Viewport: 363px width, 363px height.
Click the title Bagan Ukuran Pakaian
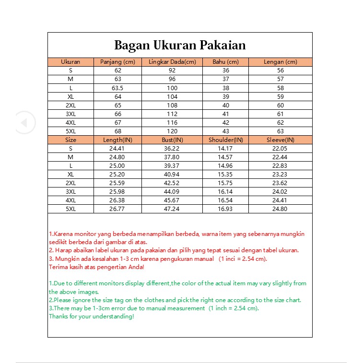(x=180, y=45)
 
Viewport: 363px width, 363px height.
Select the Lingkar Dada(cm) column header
(x=172, y=62)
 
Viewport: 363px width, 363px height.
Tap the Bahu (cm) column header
(x=226, y=62)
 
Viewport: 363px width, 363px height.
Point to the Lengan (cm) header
(x=280, y=62)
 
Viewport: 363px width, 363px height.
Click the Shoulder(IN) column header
(x=226, y=140)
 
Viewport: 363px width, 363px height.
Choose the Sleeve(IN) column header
(x=280, y=140)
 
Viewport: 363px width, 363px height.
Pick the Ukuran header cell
(x=70, y=62)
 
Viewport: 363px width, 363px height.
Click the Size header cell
(x=70, y=140)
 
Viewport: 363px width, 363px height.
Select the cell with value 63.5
(x=118, y=88)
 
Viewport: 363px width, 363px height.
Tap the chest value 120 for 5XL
(x=172, y=131)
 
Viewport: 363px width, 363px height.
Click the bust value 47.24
(x=172, y=209)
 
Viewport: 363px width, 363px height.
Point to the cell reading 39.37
(x=172, y=166)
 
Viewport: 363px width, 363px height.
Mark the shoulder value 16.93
(x=226, y=209)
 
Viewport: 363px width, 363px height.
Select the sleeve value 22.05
(x=280, y=149)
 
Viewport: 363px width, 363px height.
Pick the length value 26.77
(x=118, y=209)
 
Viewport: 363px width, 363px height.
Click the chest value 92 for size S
(x=172, y=70)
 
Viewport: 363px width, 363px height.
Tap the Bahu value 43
(x=226, y=131)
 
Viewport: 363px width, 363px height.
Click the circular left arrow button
(x=25, y=122)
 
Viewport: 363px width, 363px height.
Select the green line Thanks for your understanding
(x=92, y=316)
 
